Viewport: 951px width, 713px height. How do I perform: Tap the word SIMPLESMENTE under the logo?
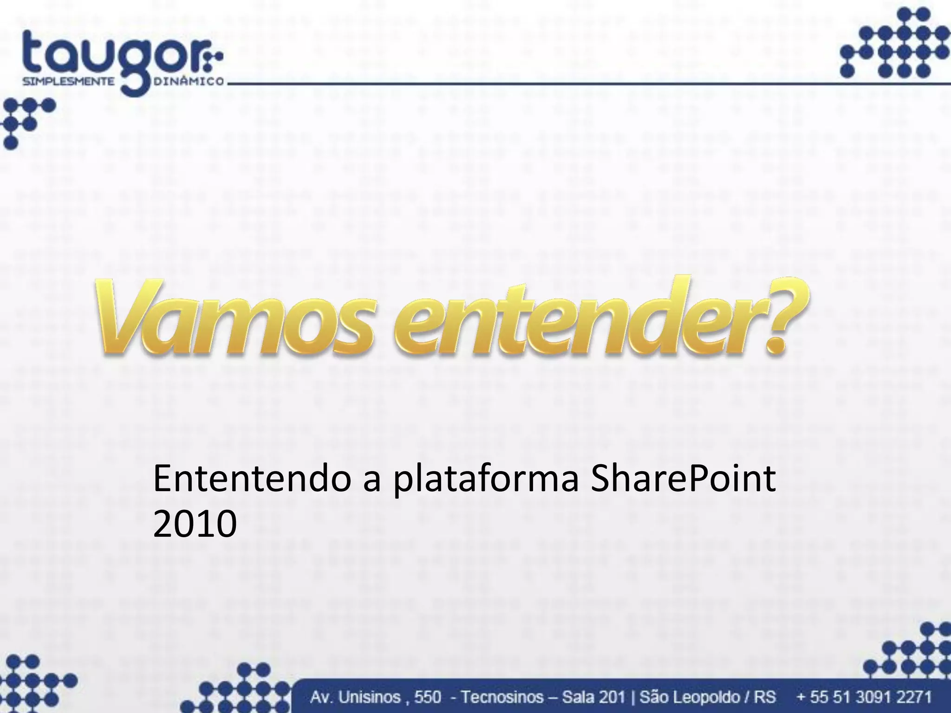click(69, 81)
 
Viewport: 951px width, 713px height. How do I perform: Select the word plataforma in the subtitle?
click(486, 480)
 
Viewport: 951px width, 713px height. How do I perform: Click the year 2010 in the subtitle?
click(195, 525)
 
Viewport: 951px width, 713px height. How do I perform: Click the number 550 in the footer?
click(427, 697)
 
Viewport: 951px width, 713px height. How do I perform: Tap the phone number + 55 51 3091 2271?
click(864, 697)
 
